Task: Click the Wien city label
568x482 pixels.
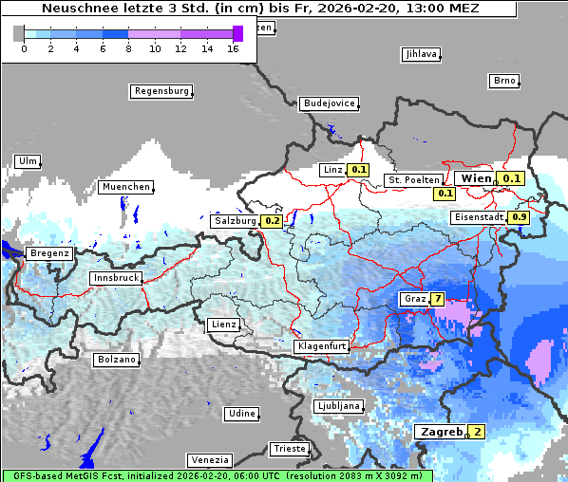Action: pyautogui.click(x=476, y=177)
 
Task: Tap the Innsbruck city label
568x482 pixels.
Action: pyautogui.click(x=115, y=278)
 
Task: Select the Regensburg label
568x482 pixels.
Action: pyautogui.click(x=161, y=91)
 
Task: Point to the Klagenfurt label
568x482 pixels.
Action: pyautogui.click(x=321, y=346)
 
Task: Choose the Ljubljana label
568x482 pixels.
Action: pyautogui.click(x=338, y=406)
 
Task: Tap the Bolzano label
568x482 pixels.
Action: pyautogui.click(x=117, y=360)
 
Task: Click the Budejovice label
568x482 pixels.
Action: pyautogui.click(x=329, y=102)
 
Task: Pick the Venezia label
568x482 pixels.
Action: pyautogui.click(x=209, y=459)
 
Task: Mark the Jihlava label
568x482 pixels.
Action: pyautogui.click(x=421, y=54)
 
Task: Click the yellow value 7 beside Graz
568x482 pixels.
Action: pyautogui.click(x=437, y=299)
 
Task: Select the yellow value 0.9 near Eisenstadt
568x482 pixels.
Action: pyautogui.click(x=520, y=217)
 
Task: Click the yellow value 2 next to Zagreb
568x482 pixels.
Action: pyautogui.click(x=478, y=433)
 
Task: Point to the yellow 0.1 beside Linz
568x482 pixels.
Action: pyautogui.click(x=358, y=170)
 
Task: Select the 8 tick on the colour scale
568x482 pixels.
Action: pyautogui.click(x=128, y=48)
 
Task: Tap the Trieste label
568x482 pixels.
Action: pyautogui.click(x=289, y=448)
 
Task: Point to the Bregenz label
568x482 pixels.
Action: pyautogui.click(x=49, y=253)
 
